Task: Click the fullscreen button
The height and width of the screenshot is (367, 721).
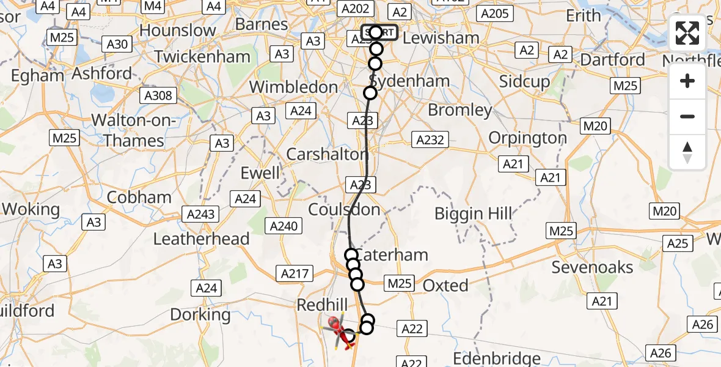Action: click(x=687, y=34)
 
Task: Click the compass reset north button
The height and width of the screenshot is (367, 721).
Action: click(x=687, y=152)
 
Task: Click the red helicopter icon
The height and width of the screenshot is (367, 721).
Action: click(x=340, y=330)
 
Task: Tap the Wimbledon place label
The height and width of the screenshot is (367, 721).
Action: click(x=294, y=87)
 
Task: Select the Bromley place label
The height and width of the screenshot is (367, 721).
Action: click(x=460, y=110)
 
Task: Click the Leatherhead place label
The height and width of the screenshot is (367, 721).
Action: click(x=201, y=239)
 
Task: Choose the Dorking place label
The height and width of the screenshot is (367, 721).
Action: click(x=200, y=315)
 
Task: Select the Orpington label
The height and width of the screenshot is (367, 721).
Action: click(x=529, y=138)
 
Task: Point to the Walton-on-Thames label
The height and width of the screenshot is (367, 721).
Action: click(x=134, y=130)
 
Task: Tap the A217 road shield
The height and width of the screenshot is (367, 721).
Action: click(x=293, y=273)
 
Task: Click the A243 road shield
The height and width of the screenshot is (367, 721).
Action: click(x=201, y=213)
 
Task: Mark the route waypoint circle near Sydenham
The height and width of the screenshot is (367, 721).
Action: click(x=370, y=93)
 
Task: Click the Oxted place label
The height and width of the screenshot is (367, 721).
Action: click(x=445, y=285)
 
